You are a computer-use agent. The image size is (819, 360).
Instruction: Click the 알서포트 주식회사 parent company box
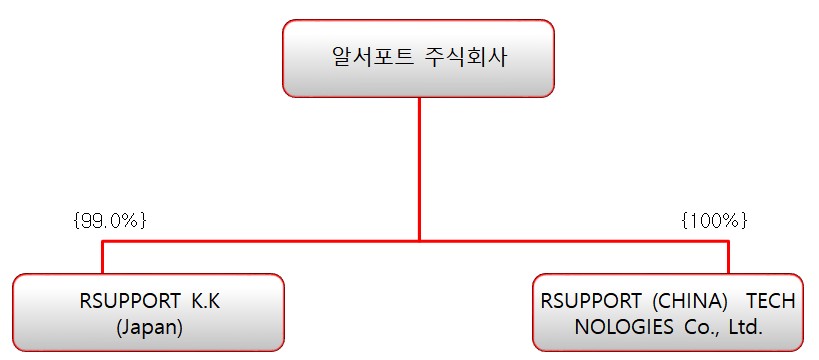418,58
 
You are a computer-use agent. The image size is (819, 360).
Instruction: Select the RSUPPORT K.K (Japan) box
148,311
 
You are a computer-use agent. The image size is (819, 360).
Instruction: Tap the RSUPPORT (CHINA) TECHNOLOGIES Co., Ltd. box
667,311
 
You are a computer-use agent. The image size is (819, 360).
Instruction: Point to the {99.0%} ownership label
110,220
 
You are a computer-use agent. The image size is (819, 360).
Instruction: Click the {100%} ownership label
713,220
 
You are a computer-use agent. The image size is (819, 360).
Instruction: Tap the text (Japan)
147,326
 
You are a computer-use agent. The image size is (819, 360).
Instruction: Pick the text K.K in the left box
201,300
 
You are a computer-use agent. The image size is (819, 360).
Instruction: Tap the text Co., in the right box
690,326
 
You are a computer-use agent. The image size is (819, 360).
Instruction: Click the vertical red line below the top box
419,160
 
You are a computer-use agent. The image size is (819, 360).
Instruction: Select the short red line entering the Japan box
102,257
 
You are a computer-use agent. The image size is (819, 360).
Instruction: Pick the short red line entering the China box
728,257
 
